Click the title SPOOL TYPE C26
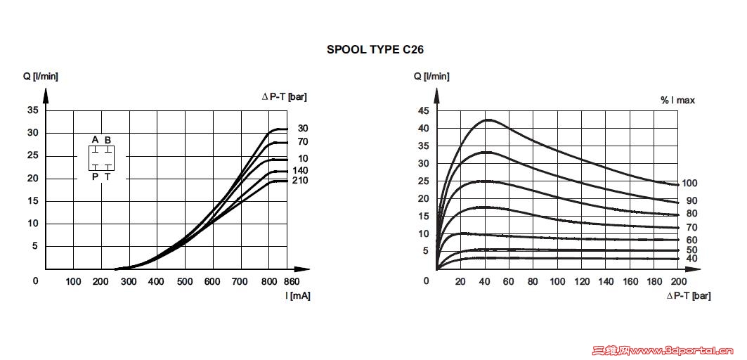(375, 50)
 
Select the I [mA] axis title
(297, 295)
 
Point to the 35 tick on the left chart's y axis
(32, 110)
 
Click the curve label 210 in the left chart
(301, 181)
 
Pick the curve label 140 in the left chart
(301, 171)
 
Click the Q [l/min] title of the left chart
(40, 76)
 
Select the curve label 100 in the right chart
(689, 184)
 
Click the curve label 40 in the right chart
(691, 259)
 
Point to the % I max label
(677, 101)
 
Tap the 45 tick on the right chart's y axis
(423, 111)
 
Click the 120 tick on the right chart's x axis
(581, 282)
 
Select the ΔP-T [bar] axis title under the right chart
(689, 296)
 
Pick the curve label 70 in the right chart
(691, 227)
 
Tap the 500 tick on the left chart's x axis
(185, 282)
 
